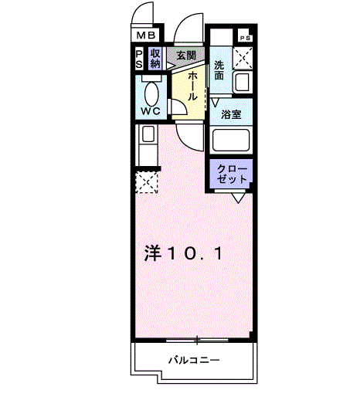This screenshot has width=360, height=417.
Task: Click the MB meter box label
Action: (146, 35)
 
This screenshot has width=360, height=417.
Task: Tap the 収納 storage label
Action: (155, 59)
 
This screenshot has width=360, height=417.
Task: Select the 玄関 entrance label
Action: (186, 55)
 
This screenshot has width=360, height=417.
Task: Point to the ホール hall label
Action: (192, 86)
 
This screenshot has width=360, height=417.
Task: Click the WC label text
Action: (151, 110)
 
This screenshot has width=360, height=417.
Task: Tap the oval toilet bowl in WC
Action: (151, 94)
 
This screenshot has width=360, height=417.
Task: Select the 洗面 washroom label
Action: (219, 70)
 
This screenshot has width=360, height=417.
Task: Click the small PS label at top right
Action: (246, 39)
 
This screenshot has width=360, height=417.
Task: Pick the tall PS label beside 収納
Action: (139, 59)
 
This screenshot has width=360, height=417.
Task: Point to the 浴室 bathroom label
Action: (231, 114)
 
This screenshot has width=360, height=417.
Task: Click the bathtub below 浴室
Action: (231, 140)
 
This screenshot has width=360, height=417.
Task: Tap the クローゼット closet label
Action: (232, 174)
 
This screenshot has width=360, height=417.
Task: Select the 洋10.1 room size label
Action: (183, 253)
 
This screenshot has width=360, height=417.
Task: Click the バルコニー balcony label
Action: (194, 361)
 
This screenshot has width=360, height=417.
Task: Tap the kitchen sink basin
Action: (148, 134)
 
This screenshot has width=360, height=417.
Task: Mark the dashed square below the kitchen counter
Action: (147, 182)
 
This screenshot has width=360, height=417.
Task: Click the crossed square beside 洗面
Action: (243, 59)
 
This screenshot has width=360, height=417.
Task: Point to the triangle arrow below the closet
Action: (239, 198)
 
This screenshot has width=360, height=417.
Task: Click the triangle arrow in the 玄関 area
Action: (170, 66)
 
